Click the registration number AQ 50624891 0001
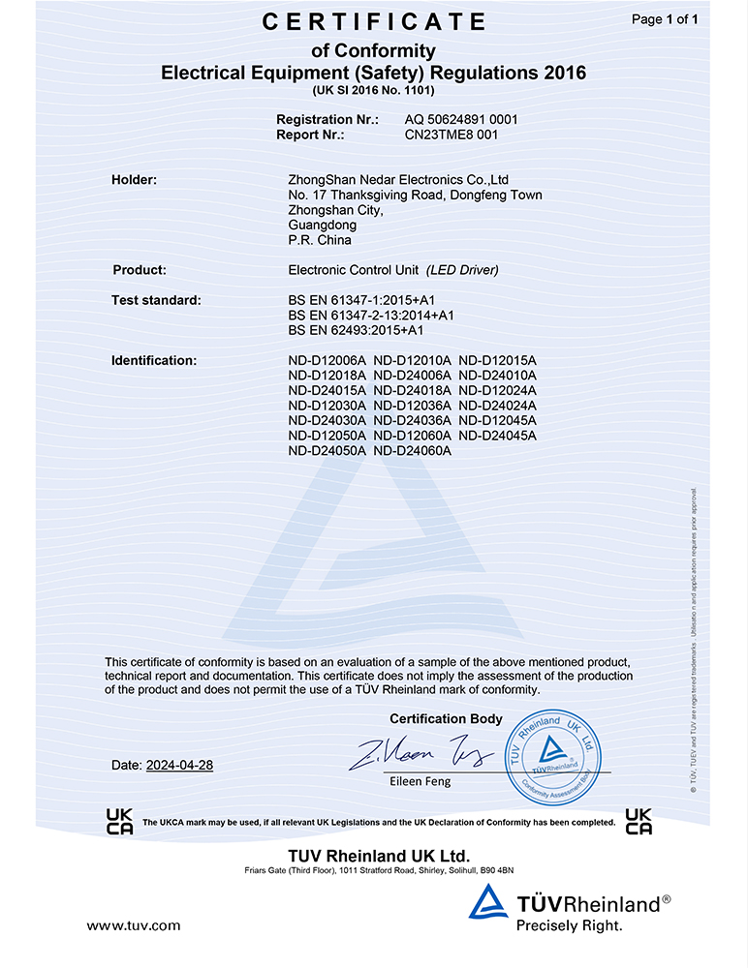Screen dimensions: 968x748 [x=461, y=119]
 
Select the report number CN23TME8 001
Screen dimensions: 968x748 [x=451, y=136]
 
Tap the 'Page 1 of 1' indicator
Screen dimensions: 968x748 [x=665, y=19]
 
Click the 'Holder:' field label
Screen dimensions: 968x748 [x=135, y=179]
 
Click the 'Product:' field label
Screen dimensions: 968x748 [x=140, y=270]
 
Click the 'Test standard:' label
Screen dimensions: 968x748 [x=156, y=300]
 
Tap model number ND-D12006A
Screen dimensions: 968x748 [x=327, y=360]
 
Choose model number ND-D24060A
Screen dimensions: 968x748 [x=412, y=450]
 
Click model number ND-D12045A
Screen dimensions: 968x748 [x=497, y=420]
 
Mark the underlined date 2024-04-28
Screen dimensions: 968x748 [x=179, y=765]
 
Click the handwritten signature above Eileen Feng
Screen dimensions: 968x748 [x=421, y=753]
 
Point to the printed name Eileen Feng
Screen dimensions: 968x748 [x=420, y=780]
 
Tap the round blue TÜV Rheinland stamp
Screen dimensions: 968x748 [x=550, y=755]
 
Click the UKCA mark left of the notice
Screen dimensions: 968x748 [x=120, y=821]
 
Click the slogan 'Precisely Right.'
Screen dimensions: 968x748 [x=569, y=926]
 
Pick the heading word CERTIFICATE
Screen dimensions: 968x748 [x=374, y=21]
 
